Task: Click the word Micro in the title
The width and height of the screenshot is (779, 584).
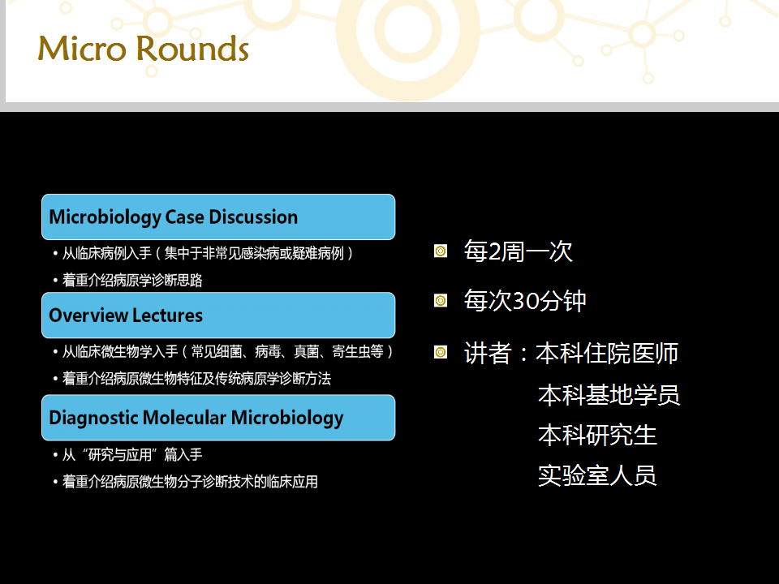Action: (x=82, y=49)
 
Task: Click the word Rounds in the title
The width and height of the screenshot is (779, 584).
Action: (x=192, y=49)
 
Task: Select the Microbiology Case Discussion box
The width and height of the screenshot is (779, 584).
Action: (x=218, y=217)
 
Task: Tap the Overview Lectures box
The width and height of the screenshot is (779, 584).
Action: (x=218, y=316)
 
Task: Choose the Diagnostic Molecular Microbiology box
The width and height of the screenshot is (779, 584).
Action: (x=218, y=418)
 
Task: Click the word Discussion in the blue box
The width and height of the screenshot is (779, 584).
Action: (x=253, y=217)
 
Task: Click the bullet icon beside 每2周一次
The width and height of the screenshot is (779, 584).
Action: (x=441, y=251)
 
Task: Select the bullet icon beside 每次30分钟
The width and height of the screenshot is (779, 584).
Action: (x=441, y=301)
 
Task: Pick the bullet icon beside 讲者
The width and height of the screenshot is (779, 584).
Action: (x=441, y=353)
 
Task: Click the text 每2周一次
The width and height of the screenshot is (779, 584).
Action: (x=519, y=251)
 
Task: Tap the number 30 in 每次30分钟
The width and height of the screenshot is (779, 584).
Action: (x=526, y=301)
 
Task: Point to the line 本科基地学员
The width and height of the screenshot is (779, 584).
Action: (x=609, y=395)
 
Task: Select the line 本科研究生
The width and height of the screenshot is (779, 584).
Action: (x=598, y=435)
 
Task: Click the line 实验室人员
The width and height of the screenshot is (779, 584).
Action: (x=598, y=476)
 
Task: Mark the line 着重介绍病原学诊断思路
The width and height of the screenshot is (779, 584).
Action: (x=132, y=280)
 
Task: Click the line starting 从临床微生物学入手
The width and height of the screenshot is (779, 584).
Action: (x=227, y=351)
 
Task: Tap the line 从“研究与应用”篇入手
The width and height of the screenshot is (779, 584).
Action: (x=132, y=454)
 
